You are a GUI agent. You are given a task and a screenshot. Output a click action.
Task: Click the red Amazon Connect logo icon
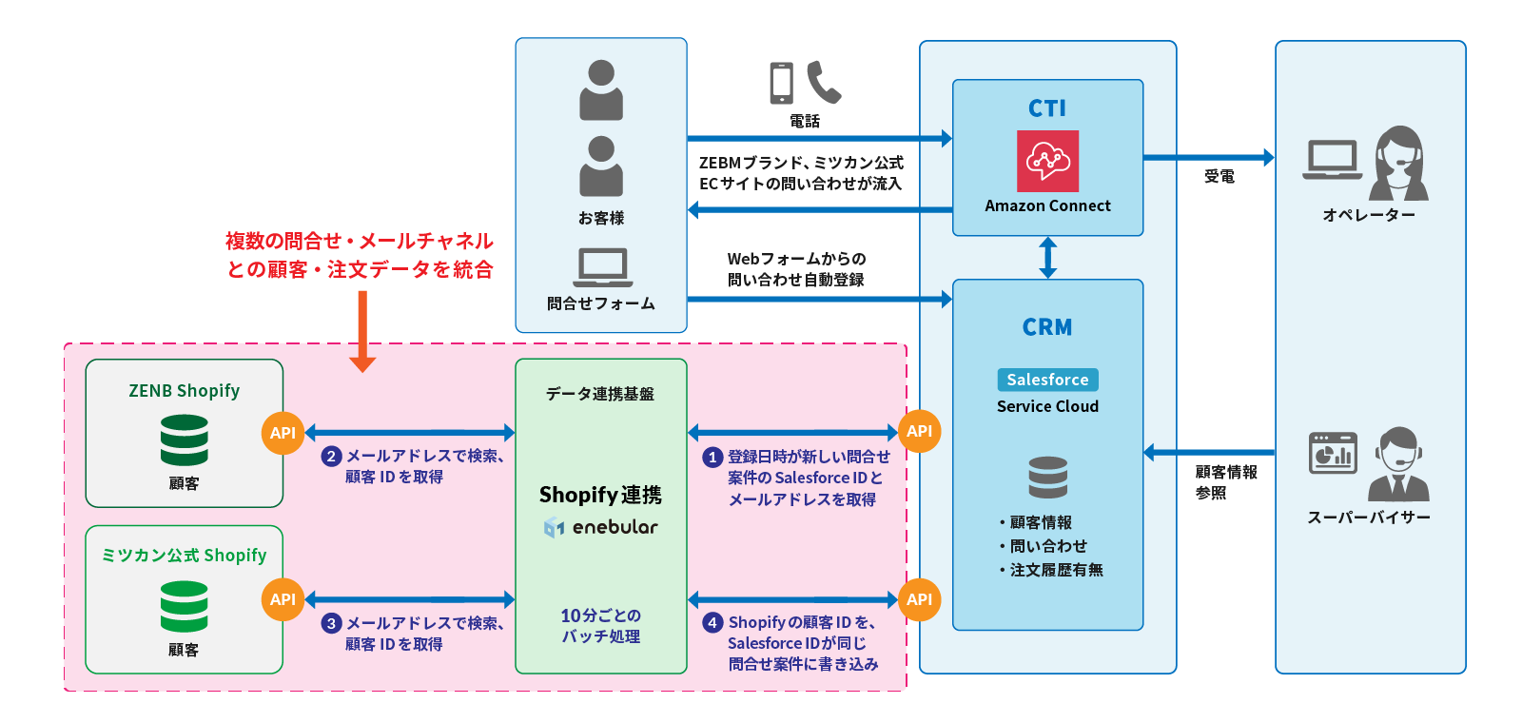[1047, 161]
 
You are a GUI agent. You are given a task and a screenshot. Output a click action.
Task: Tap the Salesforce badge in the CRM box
[1047, 380]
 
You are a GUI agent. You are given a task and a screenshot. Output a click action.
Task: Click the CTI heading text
[1047, 108]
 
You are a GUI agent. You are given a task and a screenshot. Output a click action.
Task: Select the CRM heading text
[1047, 327]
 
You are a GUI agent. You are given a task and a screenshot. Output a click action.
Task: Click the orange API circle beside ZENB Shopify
[283, 433]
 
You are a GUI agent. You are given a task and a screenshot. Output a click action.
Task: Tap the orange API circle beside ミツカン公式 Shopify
[283, 599]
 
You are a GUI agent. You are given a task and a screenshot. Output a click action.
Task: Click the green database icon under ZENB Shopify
[184, 440]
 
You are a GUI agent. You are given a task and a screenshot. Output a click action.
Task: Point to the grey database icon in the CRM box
[1047, 478]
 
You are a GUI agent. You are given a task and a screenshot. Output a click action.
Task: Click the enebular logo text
[614, 527]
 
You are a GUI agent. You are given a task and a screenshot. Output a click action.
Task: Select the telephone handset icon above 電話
[824, 82]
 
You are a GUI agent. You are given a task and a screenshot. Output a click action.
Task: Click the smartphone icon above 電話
[781, 84]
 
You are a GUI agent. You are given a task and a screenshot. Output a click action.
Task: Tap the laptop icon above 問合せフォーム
[602, 267]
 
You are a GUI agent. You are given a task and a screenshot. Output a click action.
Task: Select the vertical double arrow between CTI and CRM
[1047, 257]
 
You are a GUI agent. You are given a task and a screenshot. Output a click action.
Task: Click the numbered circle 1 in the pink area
[712, 458]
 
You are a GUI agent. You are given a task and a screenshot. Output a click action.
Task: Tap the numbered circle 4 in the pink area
[712, 623]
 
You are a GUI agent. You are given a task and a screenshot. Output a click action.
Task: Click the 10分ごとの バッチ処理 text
[600, 626]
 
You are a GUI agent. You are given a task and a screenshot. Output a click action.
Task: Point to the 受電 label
[1219, 176]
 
